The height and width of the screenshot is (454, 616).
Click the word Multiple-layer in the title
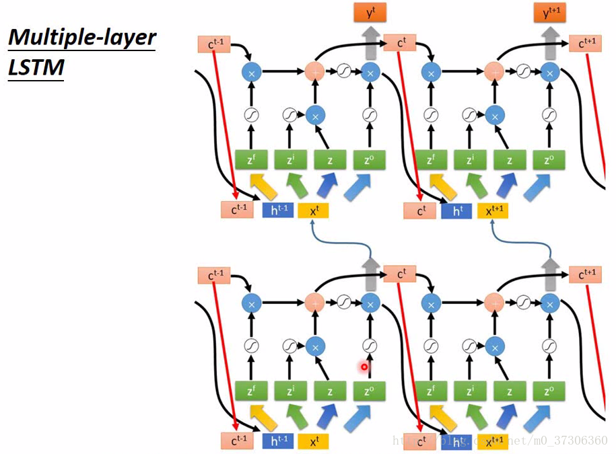[x=81, y=38]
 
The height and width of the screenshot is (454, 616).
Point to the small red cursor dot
[x=364, y=367]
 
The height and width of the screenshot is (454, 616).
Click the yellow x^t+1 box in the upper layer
[x=493, y=211]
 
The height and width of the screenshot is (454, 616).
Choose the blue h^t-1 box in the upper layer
[x=278, y=211]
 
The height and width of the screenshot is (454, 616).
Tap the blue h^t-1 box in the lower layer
[x=278, y=441]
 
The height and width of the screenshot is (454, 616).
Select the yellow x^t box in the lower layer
[x=313, y=441]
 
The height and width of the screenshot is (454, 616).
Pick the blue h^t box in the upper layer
[x=458, y=211]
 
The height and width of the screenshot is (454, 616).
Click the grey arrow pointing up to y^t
[x=369, y=44]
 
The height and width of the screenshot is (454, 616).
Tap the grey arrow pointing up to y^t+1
[x=551, y=44]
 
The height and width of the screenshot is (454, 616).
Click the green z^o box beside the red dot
[x=370, y=391]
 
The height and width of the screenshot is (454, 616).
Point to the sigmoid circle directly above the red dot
[x=370, y=346]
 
